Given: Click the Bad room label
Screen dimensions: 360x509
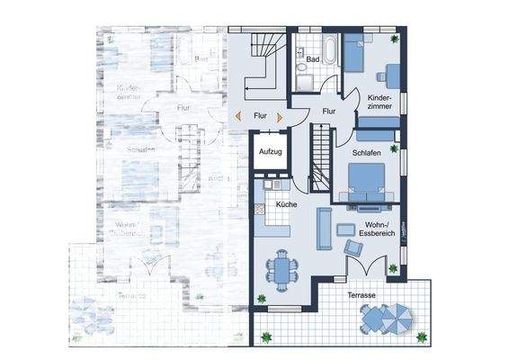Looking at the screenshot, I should coord(312,59).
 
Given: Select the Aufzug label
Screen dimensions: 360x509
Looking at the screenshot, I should coord(271,151).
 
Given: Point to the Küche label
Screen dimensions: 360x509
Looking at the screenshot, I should coord(287,205).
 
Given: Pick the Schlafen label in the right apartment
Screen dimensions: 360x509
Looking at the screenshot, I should coord(367,154).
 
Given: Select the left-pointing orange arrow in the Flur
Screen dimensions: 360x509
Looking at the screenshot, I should coord(237,115).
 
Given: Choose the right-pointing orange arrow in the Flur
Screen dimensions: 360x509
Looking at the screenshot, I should coord(281,115).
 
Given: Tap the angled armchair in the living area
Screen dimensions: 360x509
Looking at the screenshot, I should coord(353,247).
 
